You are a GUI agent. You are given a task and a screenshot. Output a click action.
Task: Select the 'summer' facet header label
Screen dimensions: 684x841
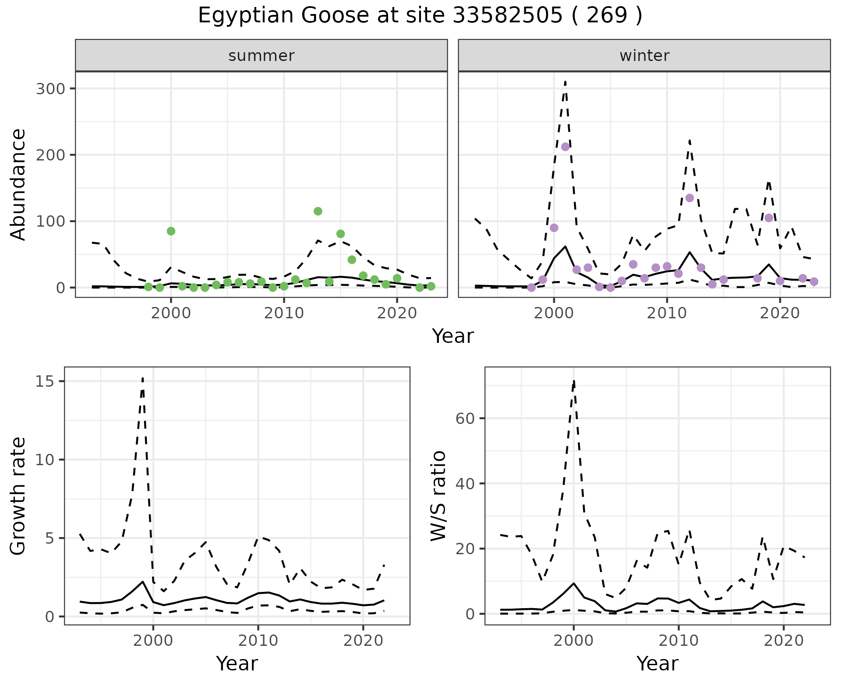coord(261,56)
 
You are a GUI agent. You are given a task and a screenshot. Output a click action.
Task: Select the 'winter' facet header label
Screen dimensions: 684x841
coord(644,56)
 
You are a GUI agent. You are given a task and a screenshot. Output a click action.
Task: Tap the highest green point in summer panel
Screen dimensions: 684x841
coord(318,211)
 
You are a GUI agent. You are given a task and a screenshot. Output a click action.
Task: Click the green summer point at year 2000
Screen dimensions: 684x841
coord(171,231)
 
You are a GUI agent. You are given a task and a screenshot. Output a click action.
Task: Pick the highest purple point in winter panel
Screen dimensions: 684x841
coord(565,147)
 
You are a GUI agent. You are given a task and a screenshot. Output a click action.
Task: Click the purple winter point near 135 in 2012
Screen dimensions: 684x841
coord(689,198)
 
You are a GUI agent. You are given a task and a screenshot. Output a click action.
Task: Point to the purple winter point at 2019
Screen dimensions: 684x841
coord(769,218)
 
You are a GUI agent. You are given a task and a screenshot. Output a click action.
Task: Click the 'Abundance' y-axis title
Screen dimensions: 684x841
coord(18,184)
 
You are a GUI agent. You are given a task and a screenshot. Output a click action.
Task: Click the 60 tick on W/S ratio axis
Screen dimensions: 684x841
coord(465,418)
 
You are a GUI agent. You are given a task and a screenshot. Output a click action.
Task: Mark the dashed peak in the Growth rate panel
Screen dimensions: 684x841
coord(143,378)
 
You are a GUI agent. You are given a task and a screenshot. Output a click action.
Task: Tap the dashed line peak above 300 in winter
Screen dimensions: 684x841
coord(565,82)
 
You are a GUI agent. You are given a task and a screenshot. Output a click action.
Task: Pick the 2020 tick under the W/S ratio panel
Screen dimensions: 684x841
coord(784,641)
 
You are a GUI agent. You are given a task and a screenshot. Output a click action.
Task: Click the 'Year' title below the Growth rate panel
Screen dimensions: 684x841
coord(237,663)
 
